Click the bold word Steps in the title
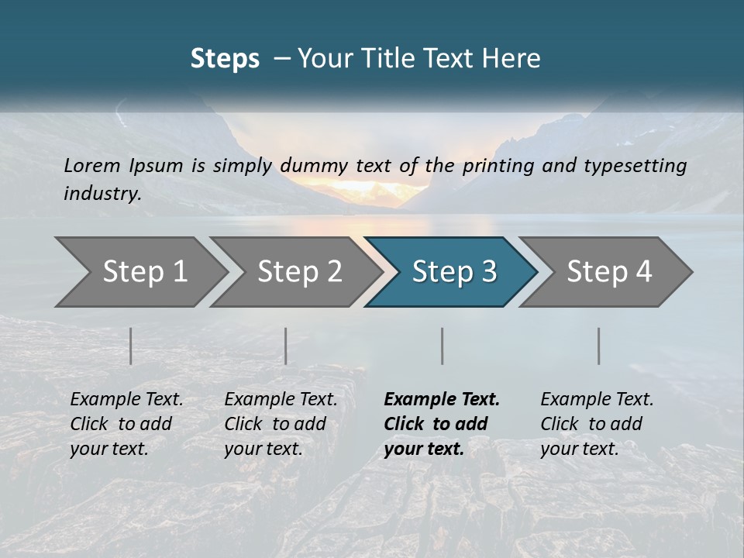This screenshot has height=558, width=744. (225, 59)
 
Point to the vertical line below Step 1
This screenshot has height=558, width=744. (131, 346)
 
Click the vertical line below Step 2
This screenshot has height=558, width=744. (286, 346)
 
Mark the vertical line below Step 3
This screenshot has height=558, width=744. (443, 346)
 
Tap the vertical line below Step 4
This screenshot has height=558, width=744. (599, 346)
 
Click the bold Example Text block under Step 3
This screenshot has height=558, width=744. (442, 424)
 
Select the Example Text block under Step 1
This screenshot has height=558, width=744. (126, 424)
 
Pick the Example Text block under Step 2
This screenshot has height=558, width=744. (281, 424)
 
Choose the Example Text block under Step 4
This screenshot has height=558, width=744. (597, 424)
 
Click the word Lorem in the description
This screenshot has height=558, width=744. (92, 165)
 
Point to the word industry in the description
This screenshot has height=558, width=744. (102, 194)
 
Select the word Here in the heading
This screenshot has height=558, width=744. (515, 59)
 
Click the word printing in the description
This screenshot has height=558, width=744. (496, 165)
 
